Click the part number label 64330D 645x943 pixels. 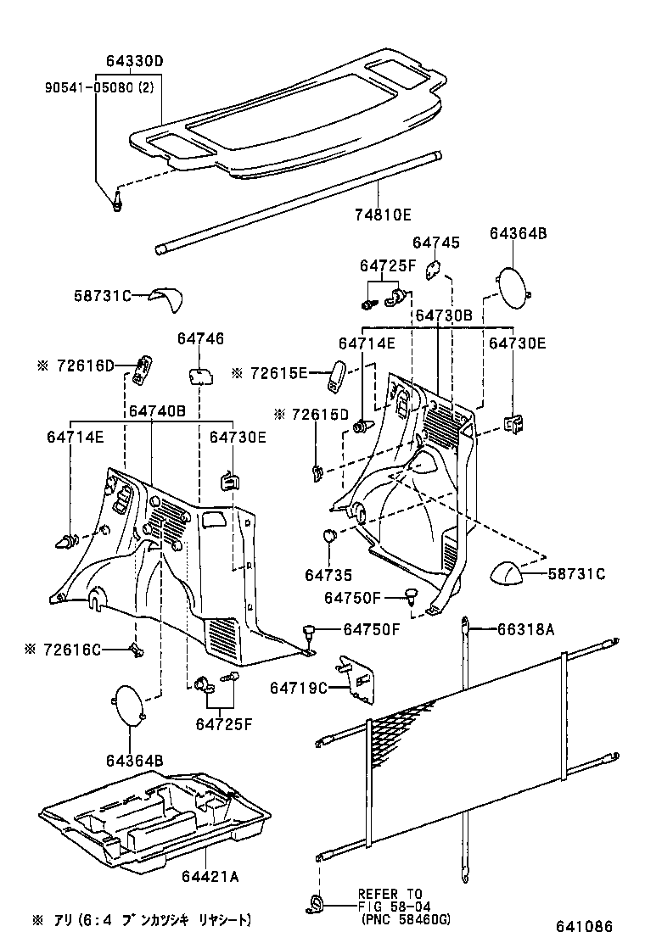(x=134, y=61)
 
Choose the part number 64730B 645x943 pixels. (x=443, y=315)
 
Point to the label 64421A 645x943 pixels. (x=210, y=876)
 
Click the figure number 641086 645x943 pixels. (x=586, y=925)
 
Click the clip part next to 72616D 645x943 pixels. (x=144, y=367)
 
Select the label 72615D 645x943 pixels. (x=311, y=414)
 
